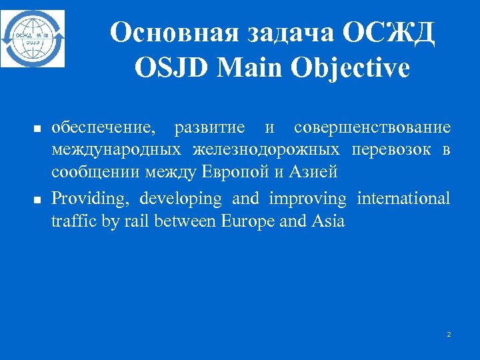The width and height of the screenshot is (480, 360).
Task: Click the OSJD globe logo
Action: click(33, 38)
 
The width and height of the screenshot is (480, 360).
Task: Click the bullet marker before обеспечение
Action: click(38, 128)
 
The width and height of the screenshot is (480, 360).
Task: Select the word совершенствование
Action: click(372, 127)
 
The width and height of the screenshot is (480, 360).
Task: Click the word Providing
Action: click(93, 199)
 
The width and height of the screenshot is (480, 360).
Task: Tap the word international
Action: click(403, 198)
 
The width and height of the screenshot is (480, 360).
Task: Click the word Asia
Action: click(328, 221)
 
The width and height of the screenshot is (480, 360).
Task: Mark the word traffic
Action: click(73, 221)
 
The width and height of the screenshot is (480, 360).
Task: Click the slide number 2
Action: click(449, 334)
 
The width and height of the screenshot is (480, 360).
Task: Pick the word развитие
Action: click(208, 127)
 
